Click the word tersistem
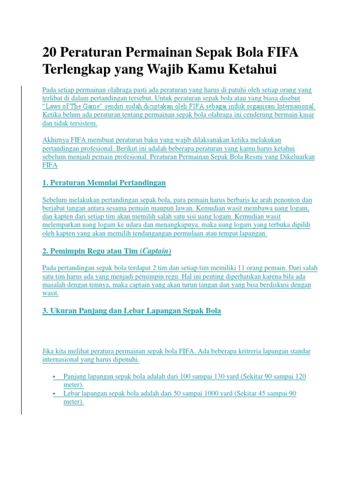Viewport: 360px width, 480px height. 83,123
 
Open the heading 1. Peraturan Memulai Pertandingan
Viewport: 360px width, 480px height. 104,182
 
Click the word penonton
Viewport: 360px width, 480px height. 280,200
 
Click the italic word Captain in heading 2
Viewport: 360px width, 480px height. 155,251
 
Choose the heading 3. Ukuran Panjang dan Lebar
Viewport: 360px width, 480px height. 132,311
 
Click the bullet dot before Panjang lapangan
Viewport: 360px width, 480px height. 55,377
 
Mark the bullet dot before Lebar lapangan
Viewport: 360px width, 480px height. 55,394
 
